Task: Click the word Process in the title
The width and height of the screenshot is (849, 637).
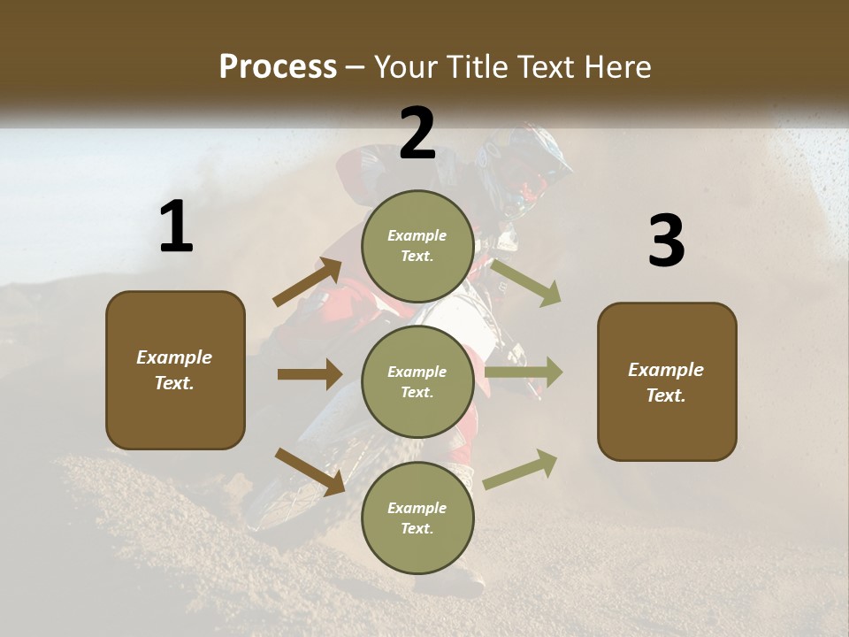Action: (278, 67)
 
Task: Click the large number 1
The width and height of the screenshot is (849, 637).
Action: (176, 227)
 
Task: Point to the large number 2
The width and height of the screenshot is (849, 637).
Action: (417, 134)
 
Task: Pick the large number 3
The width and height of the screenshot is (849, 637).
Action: (666, 242)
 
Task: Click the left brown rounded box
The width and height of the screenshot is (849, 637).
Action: (175, 370)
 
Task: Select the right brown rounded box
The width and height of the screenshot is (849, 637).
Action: (667, 381)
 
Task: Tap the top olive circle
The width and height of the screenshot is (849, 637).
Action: (417, 246)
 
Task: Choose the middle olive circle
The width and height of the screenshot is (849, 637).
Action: (417, 381)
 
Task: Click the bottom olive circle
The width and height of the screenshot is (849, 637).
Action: (417, 518)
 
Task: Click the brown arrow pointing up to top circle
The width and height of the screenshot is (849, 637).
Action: (307, 282)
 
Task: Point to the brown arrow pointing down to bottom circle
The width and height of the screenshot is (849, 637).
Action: (310, 471)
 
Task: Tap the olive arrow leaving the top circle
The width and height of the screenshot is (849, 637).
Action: (525, 282)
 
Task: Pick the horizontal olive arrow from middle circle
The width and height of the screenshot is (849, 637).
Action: (524, 372)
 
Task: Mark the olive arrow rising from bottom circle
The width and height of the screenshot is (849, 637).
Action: (520, 469)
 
